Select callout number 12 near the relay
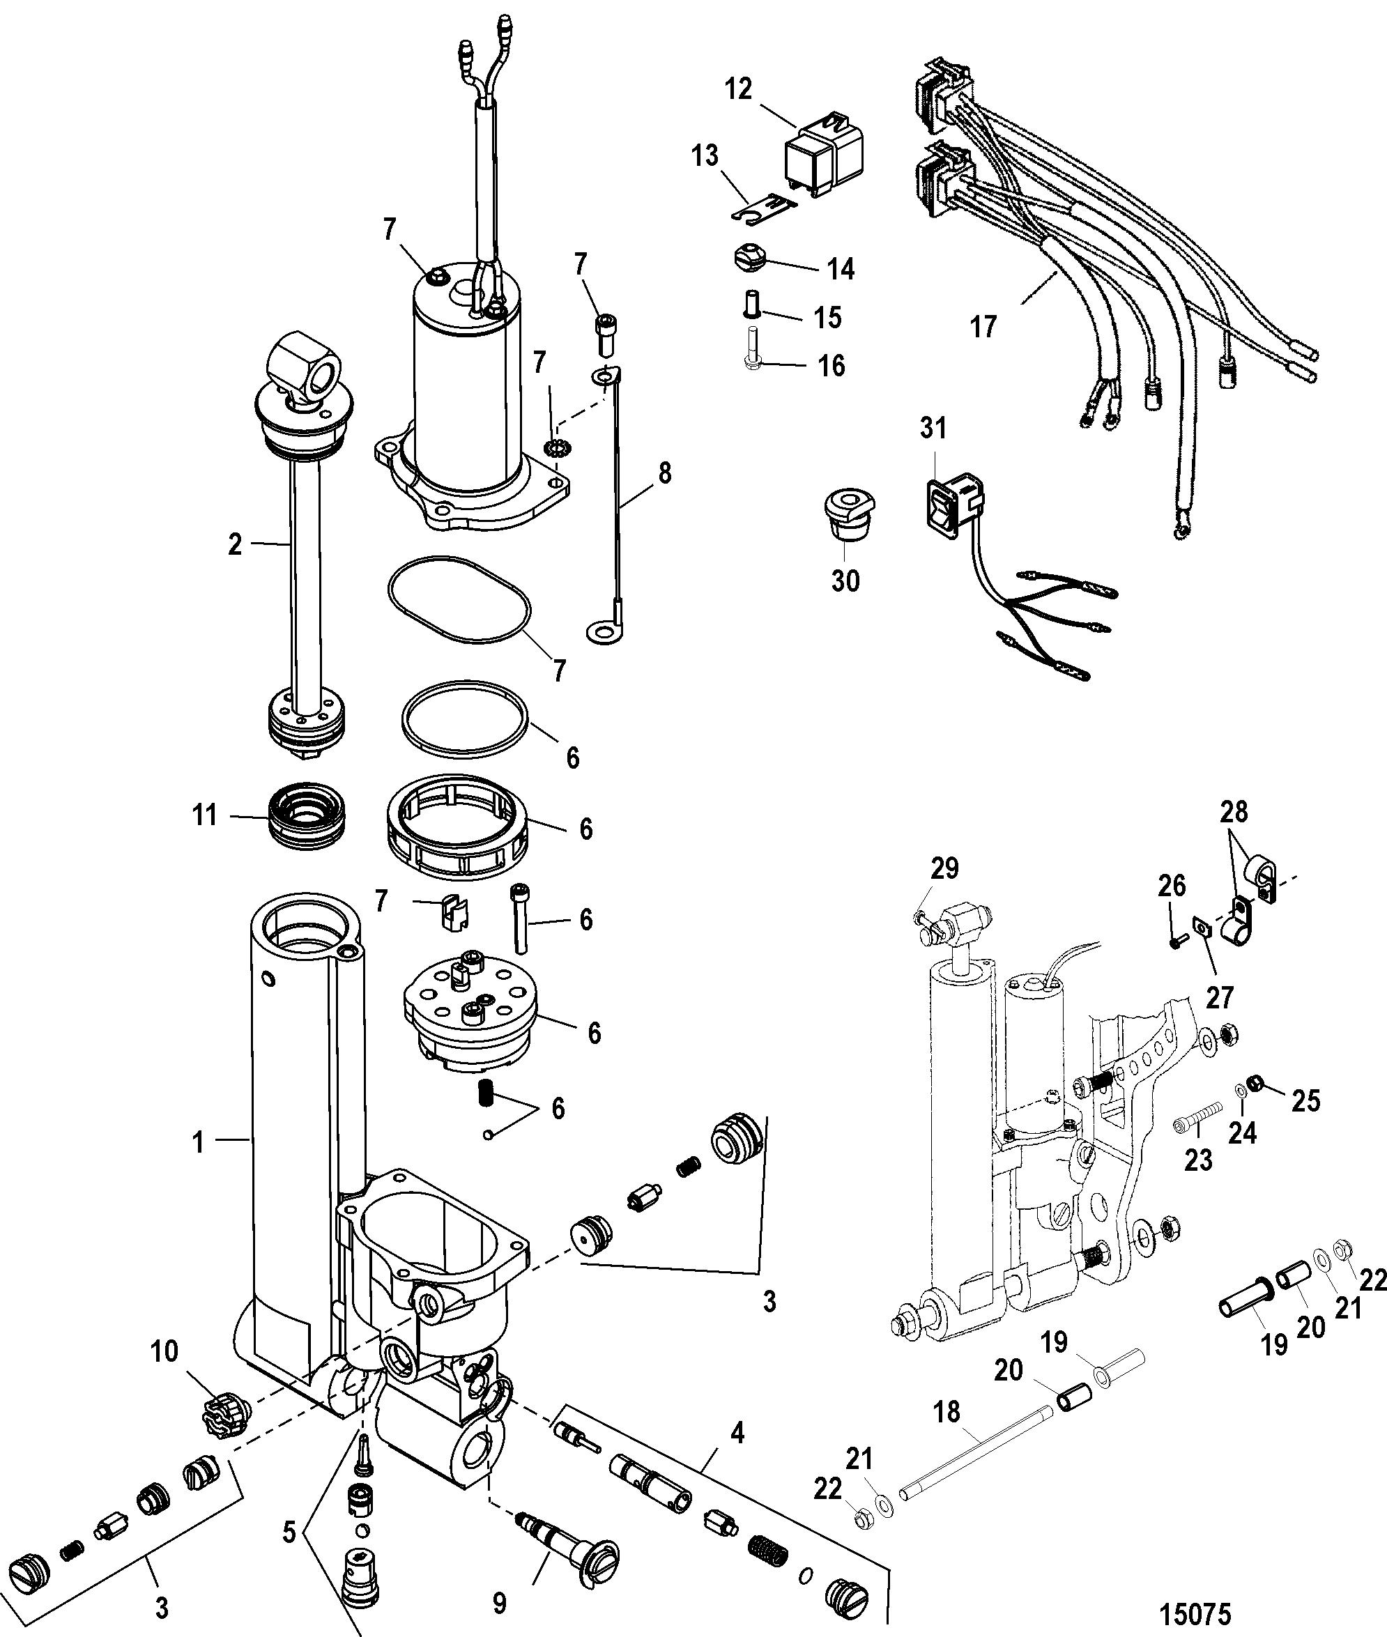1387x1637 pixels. point(738,89)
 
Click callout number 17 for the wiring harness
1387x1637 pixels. point(983,326)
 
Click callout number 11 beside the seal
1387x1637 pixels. point(205,815)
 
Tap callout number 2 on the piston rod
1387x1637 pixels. point(235,544)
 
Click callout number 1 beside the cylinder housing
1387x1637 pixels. point(199,1142)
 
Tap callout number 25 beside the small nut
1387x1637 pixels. point(1306,1101)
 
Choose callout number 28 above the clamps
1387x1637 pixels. point(1233,810)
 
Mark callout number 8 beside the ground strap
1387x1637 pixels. point(664,472)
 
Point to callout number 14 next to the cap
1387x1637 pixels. point(841,269)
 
